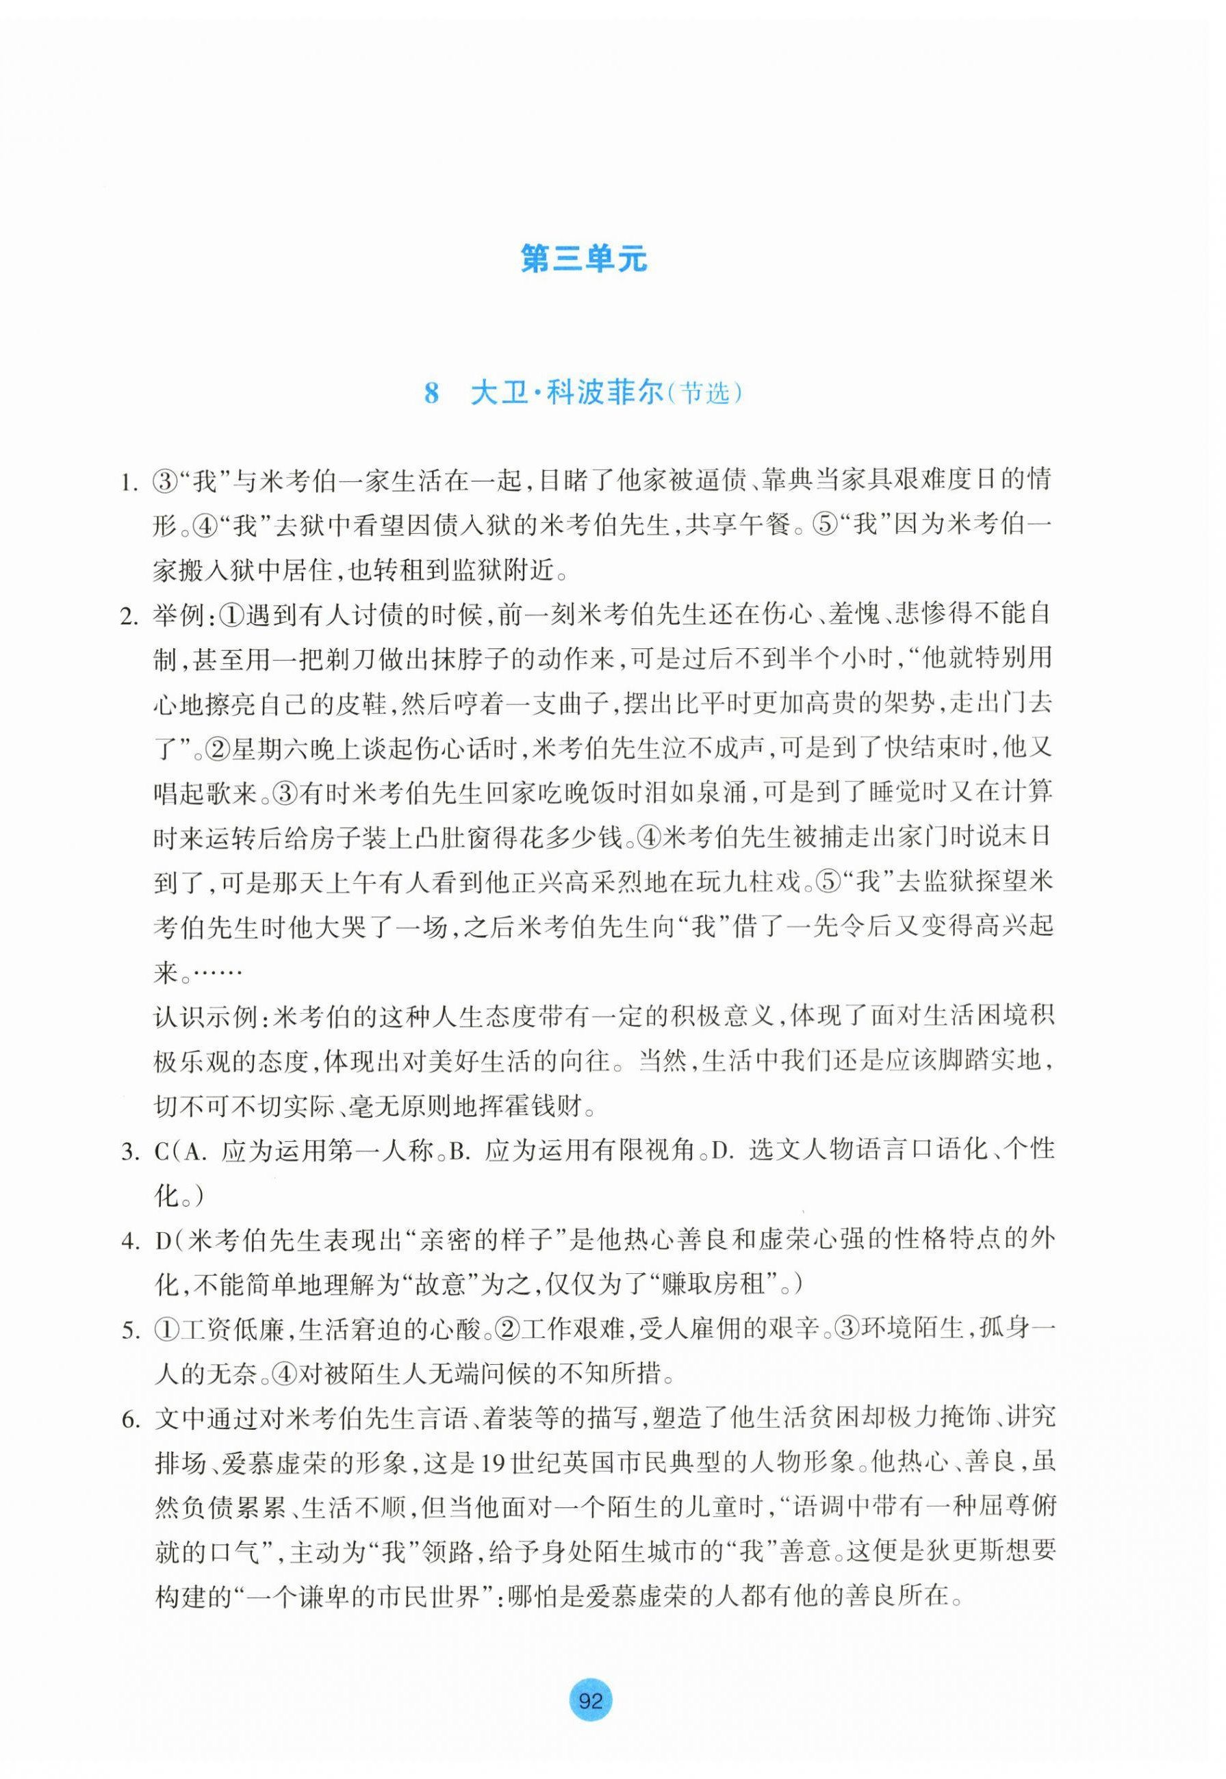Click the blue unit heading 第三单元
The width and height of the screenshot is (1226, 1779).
tap(584, 259)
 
